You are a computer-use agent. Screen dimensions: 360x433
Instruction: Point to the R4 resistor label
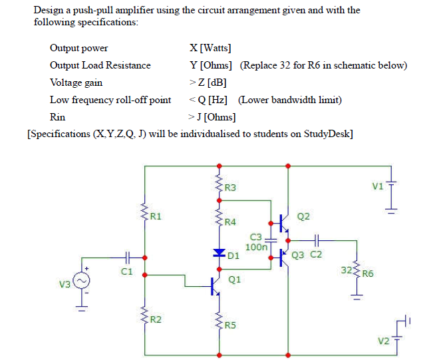point(231,221)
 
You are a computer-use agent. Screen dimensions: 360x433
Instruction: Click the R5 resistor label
point(231,325)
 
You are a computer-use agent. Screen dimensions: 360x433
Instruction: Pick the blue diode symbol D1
point(219,253)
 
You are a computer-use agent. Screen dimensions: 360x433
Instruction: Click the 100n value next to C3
point(256,246)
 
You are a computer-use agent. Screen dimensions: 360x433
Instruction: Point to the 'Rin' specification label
point(57,117)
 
